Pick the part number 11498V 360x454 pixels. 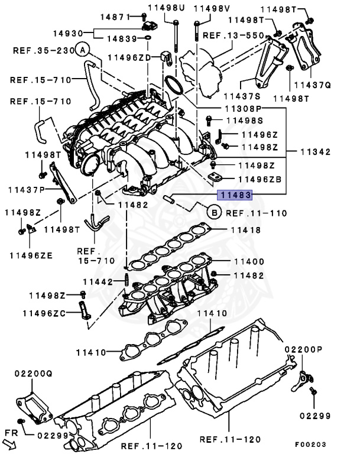click(210, 8)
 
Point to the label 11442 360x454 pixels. click(98, 281)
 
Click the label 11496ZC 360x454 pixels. click(44, 313)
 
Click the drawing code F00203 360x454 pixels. click(312, 444)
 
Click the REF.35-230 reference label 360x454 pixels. click(43, 51)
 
